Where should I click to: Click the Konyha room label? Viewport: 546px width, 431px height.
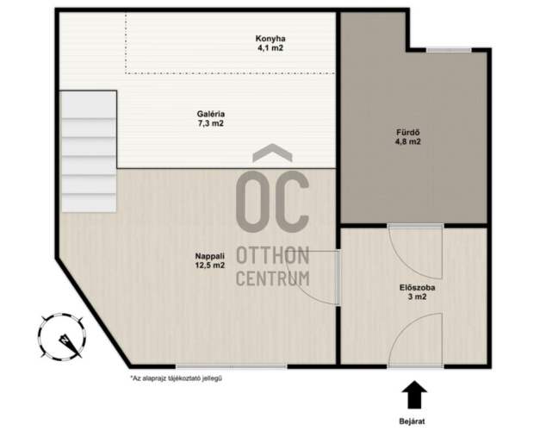[x=270, y=38]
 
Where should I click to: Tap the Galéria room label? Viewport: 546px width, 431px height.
[x=211, y=114]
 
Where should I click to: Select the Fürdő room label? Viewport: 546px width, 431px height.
[x=407, y=133]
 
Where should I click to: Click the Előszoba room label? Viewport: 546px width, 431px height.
[x=417, y=288]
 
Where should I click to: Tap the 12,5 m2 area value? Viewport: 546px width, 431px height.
[x=209, y=265]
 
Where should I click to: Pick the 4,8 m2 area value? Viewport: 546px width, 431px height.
[x=407, y=141]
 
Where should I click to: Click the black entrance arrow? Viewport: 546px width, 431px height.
[x=414, y=395]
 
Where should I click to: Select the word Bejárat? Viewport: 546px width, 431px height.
[x=412, y=422]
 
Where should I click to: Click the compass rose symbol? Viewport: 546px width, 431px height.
[x=61, y=336]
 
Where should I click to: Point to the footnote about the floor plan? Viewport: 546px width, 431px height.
[x=176, y=378]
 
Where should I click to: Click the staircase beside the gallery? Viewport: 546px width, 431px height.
[x=89, y=152]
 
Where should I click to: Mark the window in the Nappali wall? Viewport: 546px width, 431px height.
[x=231, y=366]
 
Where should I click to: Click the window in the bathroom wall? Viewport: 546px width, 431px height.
[x=449, y=50]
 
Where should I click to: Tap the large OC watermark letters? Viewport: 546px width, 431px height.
[x=272, y=202]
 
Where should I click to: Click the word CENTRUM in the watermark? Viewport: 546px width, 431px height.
[x=273, y=278]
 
